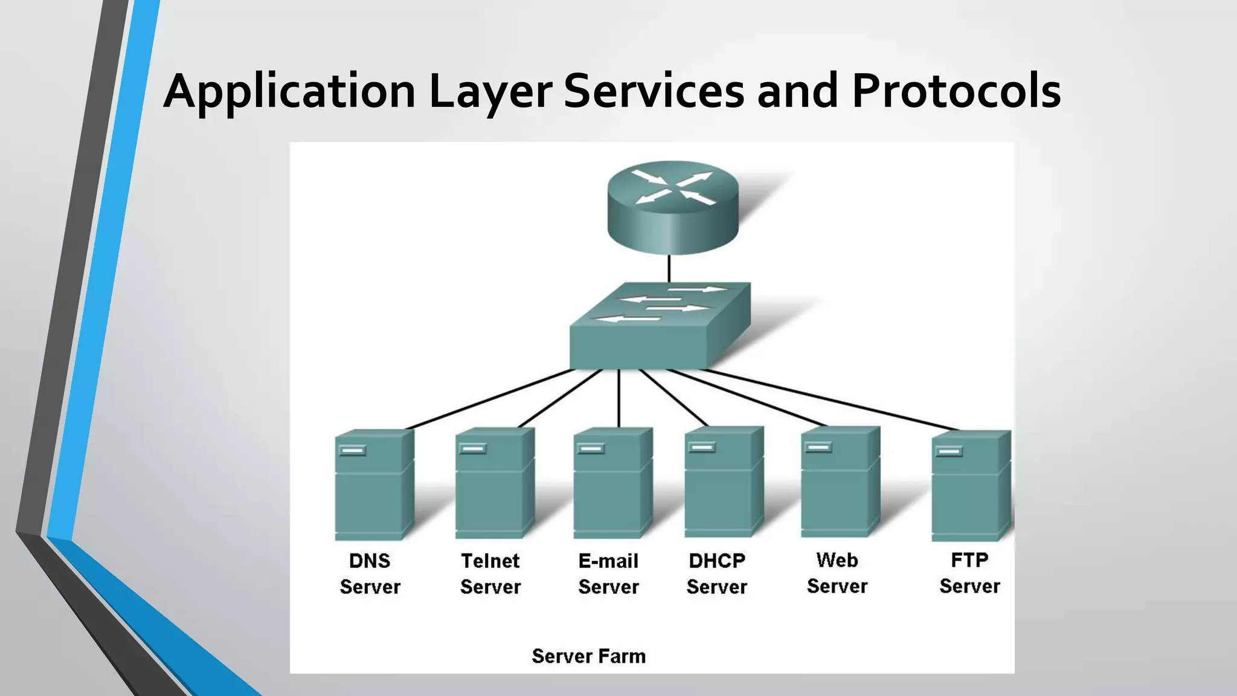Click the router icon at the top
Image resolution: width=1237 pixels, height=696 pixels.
tap(673, 205)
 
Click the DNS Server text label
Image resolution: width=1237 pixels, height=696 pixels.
tap(370, 573)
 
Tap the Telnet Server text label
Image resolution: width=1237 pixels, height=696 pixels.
tap(490, 573)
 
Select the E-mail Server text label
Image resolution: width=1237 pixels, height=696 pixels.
tap(608, 573)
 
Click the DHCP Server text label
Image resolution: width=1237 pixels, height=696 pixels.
tap(717, 573)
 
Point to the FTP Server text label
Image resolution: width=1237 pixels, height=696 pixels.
tap(969, 573)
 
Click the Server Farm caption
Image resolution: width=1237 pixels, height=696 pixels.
tap(588, 656)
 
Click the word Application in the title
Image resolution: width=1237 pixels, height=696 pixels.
tap(289, 92)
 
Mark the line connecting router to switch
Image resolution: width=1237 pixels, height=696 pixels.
tap(669, 269)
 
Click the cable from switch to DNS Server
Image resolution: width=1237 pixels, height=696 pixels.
tap(489, 399)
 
